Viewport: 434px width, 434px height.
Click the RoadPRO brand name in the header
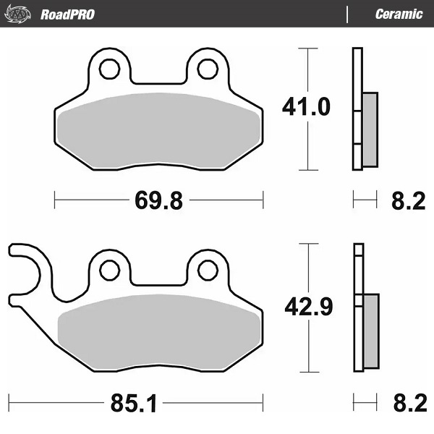(x=67, y=14)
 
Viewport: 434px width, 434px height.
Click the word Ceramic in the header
(x=399, y=14)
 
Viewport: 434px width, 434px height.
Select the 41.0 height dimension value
(x=305, y=108)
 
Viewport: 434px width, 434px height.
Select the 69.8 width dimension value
(x=158, y=200)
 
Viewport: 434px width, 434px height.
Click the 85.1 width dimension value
(x=133, y=403)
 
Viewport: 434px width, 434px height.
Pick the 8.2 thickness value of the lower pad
(x=407, y=402)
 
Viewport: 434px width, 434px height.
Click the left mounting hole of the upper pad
(x=110, y=69)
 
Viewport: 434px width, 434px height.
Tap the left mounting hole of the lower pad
(x=110, y=270)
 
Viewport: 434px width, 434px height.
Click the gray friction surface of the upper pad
(x=159, y=130)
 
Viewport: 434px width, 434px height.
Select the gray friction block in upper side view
(x=369, y=129)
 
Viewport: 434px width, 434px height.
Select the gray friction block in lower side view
(x=369, y=330)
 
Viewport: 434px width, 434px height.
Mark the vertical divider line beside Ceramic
(x=348, y=14)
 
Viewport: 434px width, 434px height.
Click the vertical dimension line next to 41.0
(x=309, y=145)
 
